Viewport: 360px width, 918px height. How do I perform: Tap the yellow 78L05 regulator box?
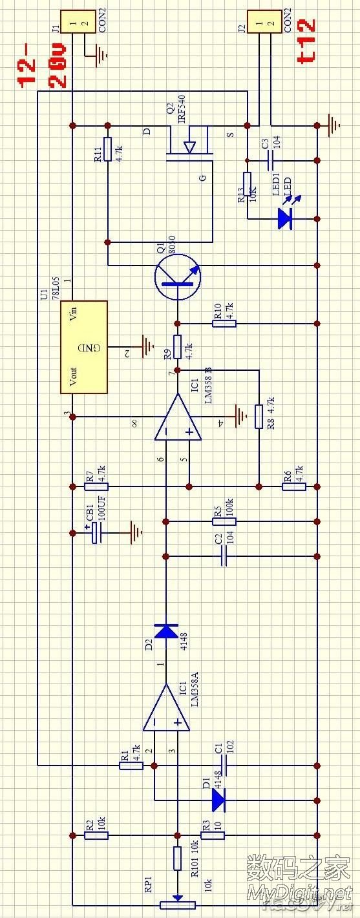click(84, 347)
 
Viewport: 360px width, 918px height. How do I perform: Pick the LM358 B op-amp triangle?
click(177, 417)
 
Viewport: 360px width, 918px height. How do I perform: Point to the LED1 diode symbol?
click(284, 218)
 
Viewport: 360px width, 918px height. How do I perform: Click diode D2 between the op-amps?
click(166, 631)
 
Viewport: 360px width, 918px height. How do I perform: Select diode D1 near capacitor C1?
click(218, 800)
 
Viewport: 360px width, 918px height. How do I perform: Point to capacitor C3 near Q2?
click(271, 159)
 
